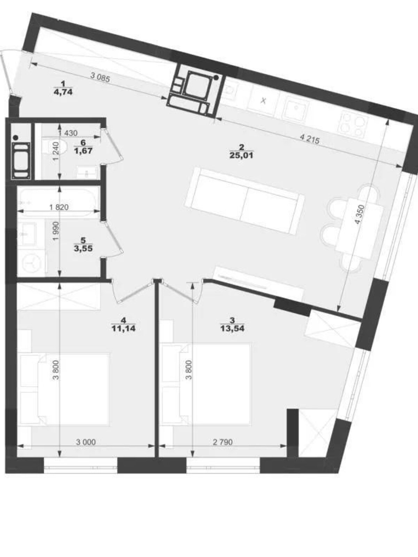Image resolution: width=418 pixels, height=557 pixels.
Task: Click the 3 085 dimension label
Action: [x=100, y=77]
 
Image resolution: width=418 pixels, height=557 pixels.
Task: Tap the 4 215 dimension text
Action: [x=309, y=140]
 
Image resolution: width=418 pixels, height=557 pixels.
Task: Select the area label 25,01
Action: [x=241, y=155]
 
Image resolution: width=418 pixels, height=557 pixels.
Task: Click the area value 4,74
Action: [x=63, y=92]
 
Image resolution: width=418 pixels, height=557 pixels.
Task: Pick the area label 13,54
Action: [x=232, y=329]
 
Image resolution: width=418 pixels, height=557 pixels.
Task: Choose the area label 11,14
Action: [x=124, y=329]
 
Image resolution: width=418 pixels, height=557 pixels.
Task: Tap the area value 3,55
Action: [x=83, y=249]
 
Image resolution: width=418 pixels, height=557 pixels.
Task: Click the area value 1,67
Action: [x=83, y=151]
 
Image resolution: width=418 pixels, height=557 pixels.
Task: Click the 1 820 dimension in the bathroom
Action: [x=59, y=207]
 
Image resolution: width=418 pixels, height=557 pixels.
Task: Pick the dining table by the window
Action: [x=359, y=229]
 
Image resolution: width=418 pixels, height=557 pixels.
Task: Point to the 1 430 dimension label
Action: [x=68, y=133]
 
